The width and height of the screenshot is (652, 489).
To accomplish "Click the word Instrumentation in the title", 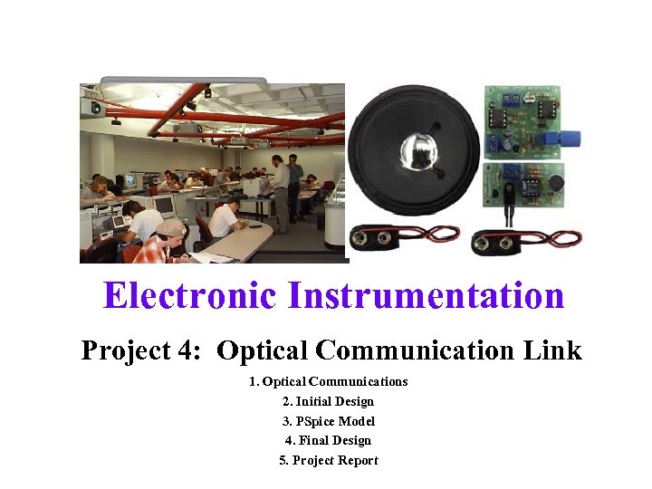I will [x=425, y=296].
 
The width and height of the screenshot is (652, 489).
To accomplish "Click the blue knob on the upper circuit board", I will [x=569, y=139].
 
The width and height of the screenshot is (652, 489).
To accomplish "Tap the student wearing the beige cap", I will [x=169, y=236].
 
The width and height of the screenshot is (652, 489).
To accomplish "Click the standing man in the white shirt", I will [x=281, y=187].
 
